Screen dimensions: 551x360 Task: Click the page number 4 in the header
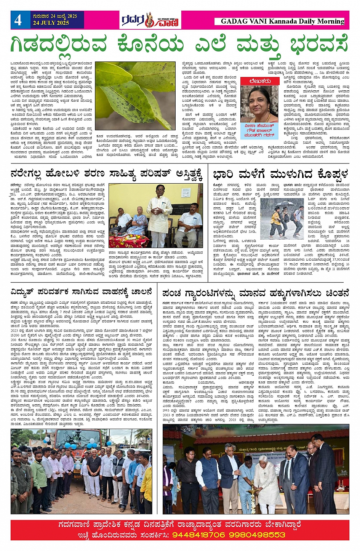(x=18, y=20)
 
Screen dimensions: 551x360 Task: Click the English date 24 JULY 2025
(x=51, y=23)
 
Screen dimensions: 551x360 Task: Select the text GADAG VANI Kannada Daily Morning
(x=282, y=21)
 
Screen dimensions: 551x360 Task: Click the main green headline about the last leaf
(x=179, y=45)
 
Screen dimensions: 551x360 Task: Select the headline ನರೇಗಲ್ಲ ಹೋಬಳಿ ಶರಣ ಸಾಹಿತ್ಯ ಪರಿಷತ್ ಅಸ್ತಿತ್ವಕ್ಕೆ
(x=106, y=175)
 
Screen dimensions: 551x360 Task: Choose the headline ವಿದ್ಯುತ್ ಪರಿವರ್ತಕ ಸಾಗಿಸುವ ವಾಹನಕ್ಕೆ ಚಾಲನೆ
(x=82, y=293)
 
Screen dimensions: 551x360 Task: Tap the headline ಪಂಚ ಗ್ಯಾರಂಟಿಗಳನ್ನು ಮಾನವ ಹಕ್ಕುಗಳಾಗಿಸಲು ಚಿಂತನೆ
(x=256, y=293)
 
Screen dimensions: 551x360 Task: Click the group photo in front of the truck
(x=82, y=471)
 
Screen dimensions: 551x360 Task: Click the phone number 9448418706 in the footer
(x=198, y=535)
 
